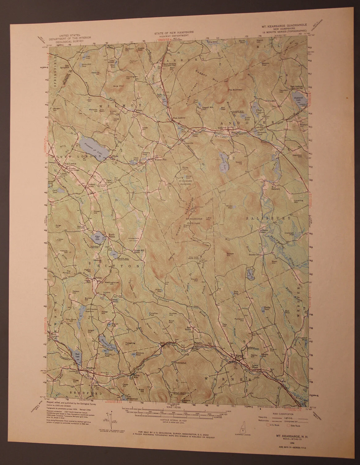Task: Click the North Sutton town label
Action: tap(111, 236)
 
